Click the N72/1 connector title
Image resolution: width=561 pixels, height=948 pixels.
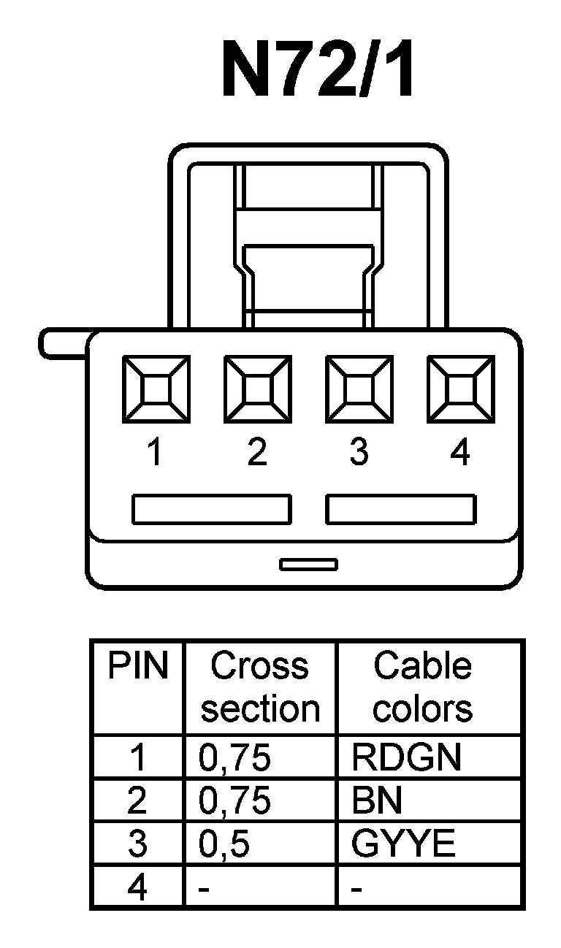318,71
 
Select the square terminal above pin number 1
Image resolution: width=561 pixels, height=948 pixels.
156,389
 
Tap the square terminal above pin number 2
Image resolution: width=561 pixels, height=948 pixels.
257,389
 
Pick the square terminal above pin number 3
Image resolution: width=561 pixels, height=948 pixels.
359,389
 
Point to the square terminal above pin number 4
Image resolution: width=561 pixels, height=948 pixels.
460,389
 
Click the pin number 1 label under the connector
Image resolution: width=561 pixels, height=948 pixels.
154,454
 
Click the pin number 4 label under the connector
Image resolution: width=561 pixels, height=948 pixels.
460,454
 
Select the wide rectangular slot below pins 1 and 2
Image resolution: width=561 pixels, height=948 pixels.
212,509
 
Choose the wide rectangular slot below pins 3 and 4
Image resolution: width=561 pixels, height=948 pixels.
401,509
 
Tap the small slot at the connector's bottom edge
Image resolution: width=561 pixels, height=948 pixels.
308,564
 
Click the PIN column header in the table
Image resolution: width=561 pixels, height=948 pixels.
138,666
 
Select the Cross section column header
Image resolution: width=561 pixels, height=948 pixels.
260,687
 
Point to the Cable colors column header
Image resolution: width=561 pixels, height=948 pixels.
423,687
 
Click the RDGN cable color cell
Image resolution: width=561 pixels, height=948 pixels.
406,758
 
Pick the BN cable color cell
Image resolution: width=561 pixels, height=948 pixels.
377,801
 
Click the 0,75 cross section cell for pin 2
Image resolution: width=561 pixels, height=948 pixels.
235,801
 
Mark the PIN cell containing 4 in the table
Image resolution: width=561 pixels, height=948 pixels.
137,888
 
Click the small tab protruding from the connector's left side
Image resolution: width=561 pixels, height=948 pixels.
62,344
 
